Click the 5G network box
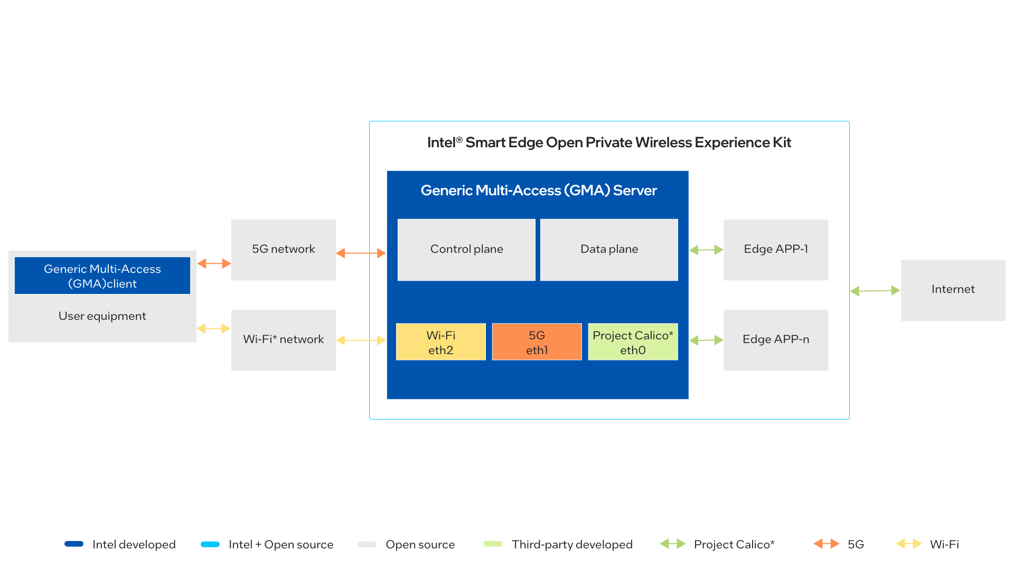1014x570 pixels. [x=283, y=250]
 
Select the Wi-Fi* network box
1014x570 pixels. [x=283, y=340]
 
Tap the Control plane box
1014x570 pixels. [x=466, y=250]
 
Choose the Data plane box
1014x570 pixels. [x=609, y=250]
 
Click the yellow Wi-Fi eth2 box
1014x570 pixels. [x=440, y=342]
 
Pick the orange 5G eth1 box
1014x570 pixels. [x=537, y=342]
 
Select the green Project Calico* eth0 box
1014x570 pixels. [x=633, y=342]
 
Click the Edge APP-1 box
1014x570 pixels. [x=775, y=250]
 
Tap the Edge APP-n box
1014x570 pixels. [x=775, y=340]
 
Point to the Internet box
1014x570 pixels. [x=953, y=290]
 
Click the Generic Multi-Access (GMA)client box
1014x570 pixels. [x=102, y=275]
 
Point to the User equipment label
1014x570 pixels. [x=102, y=316]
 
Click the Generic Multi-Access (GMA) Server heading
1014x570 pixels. [x=538, y=191]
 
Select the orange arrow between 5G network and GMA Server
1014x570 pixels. [x=361, y=253]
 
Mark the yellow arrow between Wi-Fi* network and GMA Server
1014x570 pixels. [x=361, y=340]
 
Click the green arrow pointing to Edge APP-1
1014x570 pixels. [x=706, y=250]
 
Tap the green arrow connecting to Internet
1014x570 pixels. [x=875, y=291]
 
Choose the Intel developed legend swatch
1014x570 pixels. [x=74, y=544]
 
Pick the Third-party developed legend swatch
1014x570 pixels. [x=493, y=544]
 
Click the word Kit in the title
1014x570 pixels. [x=782, y=142]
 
